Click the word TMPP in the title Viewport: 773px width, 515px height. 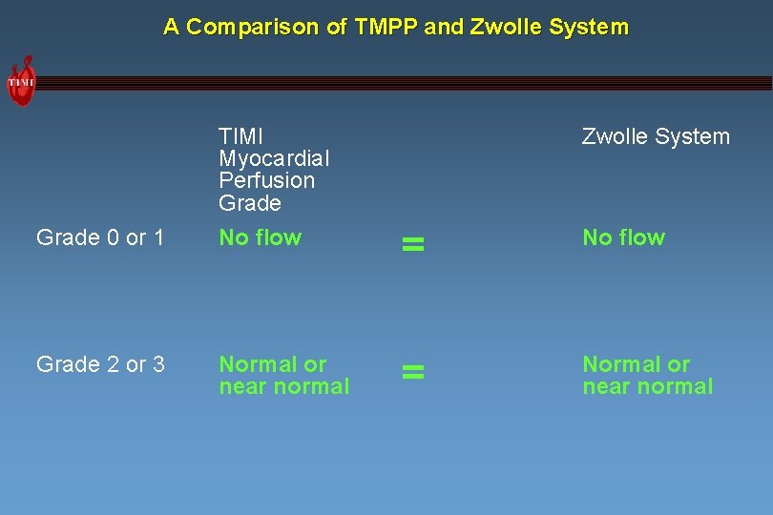click(386, 27)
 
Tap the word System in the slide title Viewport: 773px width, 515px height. click(590, 27)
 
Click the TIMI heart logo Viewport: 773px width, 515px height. click(21, 82)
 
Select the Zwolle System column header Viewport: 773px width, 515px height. click(656, 136)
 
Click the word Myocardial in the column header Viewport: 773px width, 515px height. click(274, 157)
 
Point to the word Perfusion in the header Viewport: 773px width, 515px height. click(266, 180)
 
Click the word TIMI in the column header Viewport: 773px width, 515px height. click(240, 135)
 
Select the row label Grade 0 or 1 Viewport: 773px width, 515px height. click(100, 237)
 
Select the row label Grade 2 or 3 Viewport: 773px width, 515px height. click(100, 364)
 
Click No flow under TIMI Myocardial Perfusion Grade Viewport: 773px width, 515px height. click(260, 237)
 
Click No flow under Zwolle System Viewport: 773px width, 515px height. click(623, 237)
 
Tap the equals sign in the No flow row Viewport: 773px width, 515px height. click(412, 245)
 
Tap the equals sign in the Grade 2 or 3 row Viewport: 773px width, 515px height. click(412, 372)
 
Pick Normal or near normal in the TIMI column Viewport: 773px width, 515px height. click(283, 375)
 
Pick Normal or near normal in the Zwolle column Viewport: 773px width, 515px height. click(647, 375)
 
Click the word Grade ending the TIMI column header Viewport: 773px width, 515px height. click(250, 203)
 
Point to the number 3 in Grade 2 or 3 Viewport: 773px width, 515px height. click(158, 364)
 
